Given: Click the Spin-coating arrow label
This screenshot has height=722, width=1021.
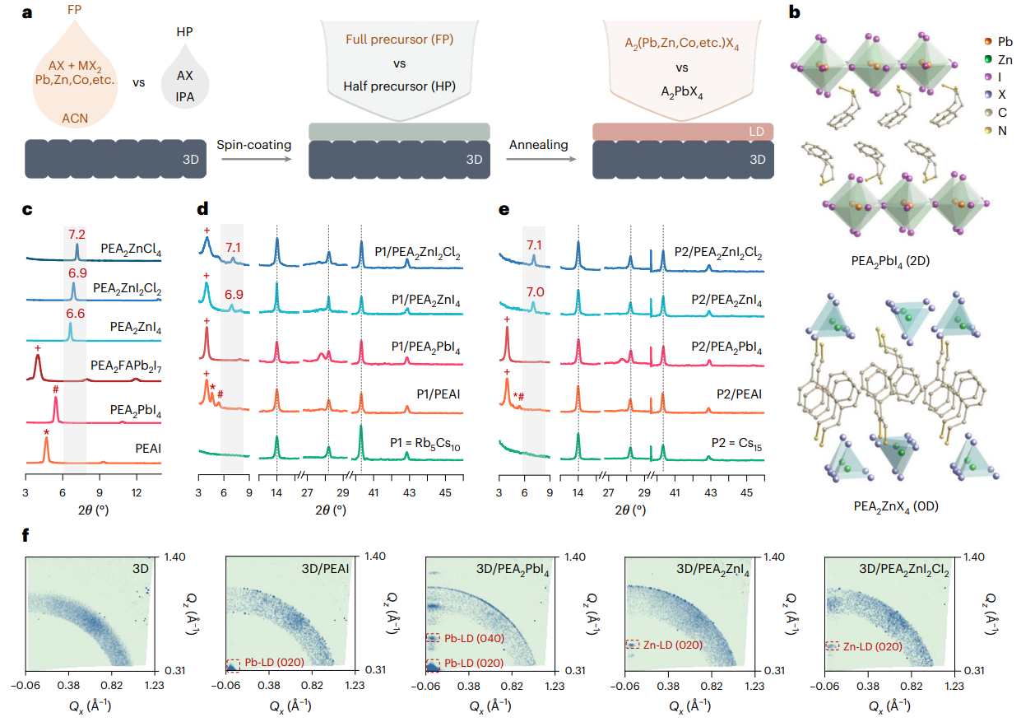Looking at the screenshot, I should (254, 145).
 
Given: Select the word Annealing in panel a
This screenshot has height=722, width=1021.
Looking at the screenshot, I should (539, 145).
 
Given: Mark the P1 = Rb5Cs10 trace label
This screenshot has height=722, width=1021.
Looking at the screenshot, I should (425, 447).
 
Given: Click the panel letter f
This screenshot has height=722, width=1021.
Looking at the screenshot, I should (28, 536).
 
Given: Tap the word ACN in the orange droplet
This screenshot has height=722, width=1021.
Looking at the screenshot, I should (75, 119).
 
